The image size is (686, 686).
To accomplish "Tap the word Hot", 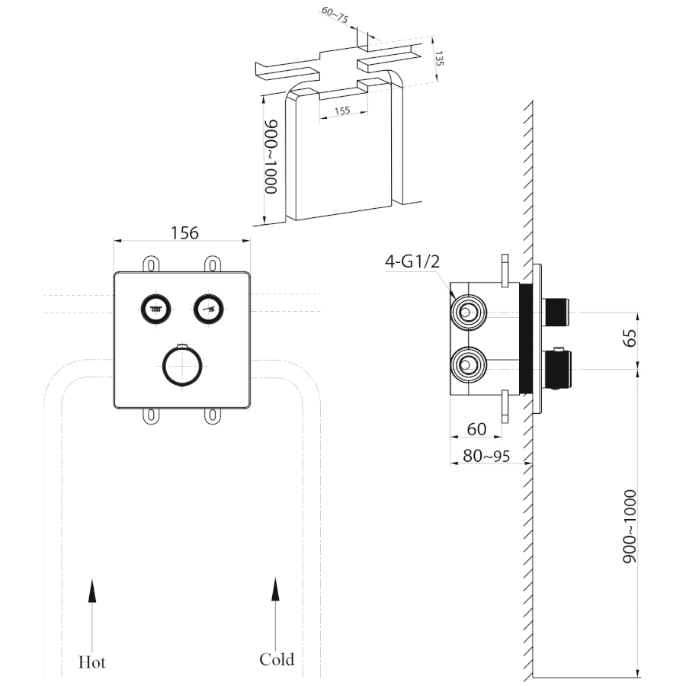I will tap(92, 661).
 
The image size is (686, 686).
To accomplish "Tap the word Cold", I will tap(276, 659).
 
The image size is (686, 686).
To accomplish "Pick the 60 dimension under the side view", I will tap(476, 429).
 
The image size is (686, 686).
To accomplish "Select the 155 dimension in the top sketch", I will tap(341, 111).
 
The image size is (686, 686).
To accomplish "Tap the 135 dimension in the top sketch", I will tap(438, 59).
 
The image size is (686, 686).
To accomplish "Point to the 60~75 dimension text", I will tap(335, 18).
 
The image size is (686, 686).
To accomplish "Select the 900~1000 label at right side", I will tap(630, 526).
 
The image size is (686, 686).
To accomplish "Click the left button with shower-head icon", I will tap(155, 309).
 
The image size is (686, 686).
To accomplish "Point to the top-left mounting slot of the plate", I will tap(151, 264).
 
